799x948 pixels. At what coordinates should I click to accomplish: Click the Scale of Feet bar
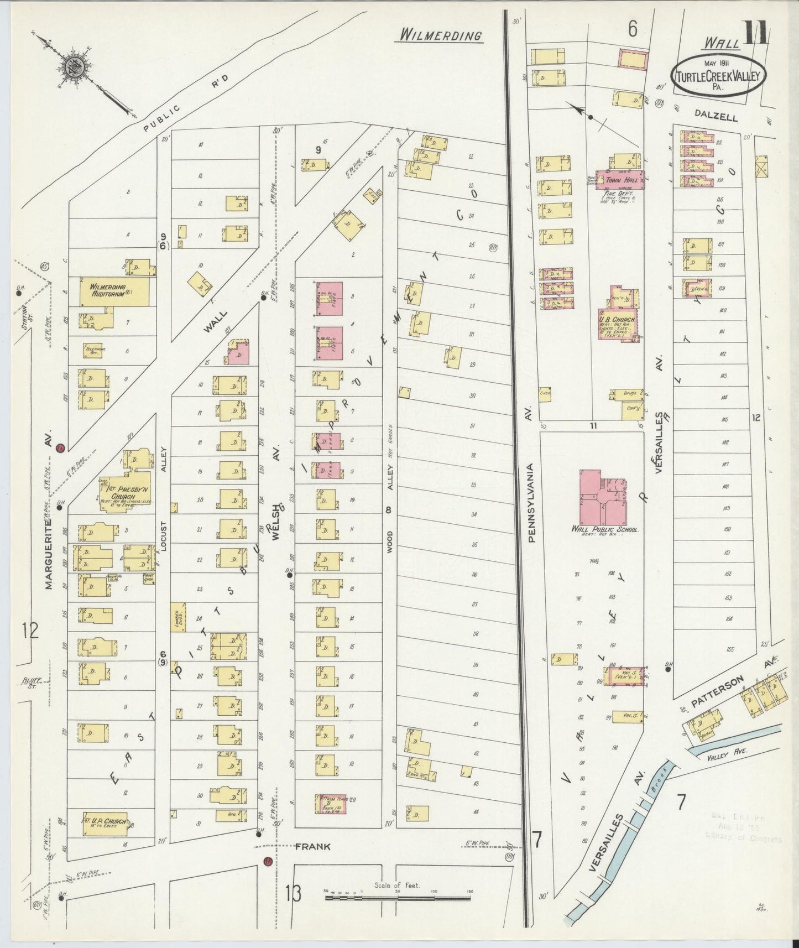(397, 907)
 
